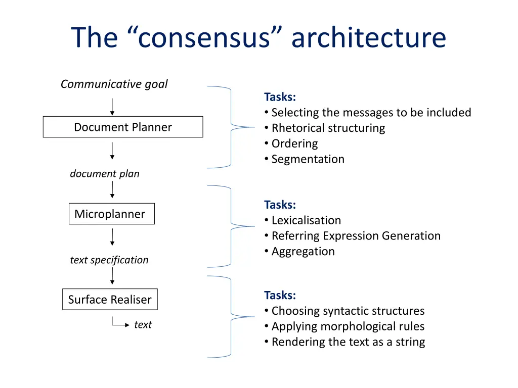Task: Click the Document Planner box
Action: pyautogui.click(x=123, y=127)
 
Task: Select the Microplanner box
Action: pyautogui.click(x=111, y=214)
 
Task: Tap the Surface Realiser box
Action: pyautogui.click(x=110, y=300)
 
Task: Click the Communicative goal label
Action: pyautogui.click(x=114, y=84)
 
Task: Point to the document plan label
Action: pyautogui.click(x=105, y=174)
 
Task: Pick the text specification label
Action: pyautogui.click(x=109, y=260)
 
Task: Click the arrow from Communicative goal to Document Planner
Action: pyautogui.click(x=112, y=106)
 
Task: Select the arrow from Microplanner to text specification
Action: pyautogui.click(x=112, y=237)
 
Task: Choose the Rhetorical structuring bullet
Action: pyautogui.click(x=328, y=128)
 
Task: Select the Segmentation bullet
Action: pyautogui.click(x=308, y=159)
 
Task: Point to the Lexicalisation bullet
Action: pyautogui.click(x=306, y=220)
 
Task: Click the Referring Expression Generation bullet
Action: pyautogui.click(x=356, y=236)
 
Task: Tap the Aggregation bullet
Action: pyautogui.click(x=303, y=252)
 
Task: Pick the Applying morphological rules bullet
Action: pyautogui.click(x=348, y=326)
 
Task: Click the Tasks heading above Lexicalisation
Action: pyautogui.click(x=280, y=205)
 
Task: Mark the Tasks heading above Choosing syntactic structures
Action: pyautogui.click(x=280, y=295)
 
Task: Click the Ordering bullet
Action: pyautogui.click(x=294, y=143)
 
